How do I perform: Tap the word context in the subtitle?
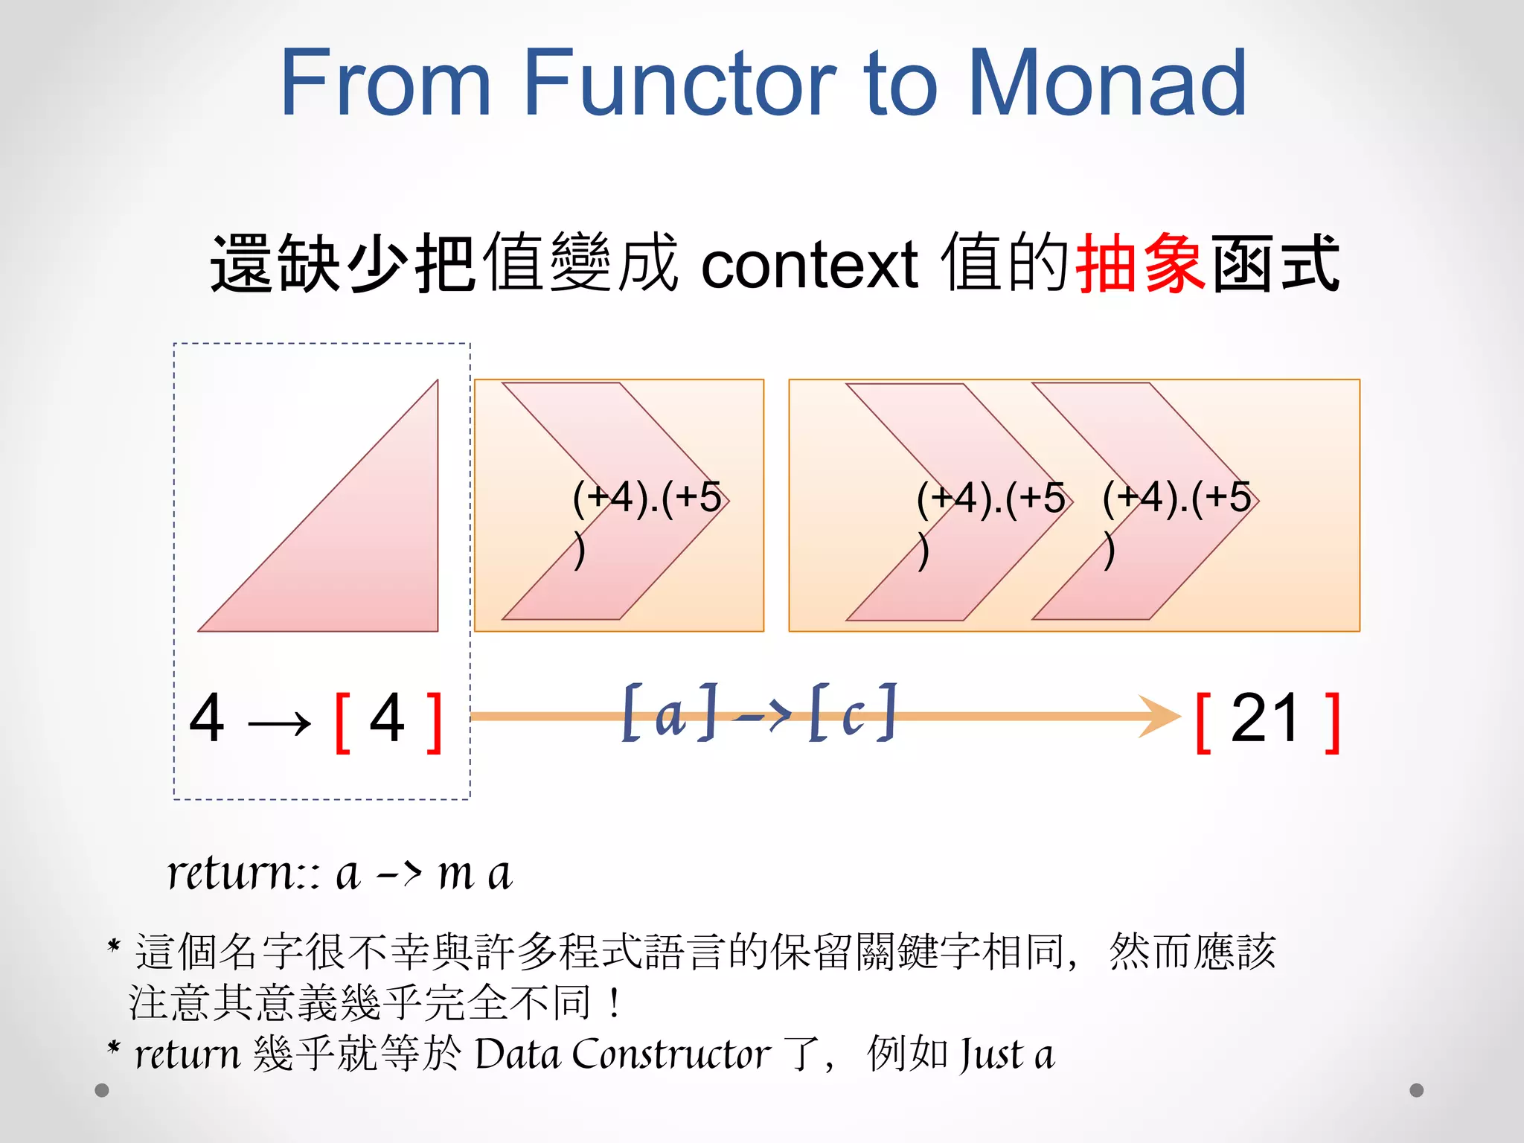pyautogui.click(x=810, y=265)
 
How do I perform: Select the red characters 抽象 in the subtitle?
pyautogui.click(x=1141, y=263)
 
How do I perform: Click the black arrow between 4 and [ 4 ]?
pyautogui.click(x=279, y=723)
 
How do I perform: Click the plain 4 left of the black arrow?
pyautogui.click(x=207, y=718)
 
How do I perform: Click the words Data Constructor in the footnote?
pyautogui.click(x=622, y=1054)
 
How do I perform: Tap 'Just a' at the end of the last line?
pyautogui.click(x=1006, y=1054)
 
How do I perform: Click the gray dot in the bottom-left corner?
pyautogui.click(x=103, y=1090)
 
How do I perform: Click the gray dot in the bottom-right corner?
pyautogui.click(x=1417, y=1090)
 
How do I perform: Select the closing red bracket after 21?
pyautogui.click(x=1333, y=722)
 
